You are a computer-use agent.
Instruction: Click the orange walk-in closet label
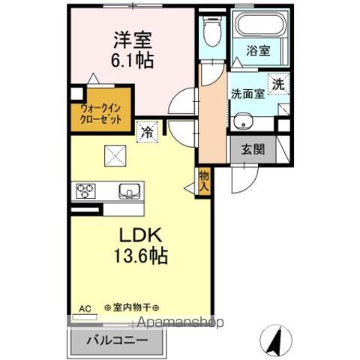(100, 112)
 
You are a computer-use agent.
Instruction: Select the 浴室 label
(259, 52)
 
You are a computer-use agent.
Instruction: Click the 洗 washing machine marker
(278, 85)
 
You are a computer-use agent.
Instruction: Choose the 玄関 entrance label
(253, 148)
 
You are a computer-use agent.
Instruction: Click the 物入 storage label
(204, 181)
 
